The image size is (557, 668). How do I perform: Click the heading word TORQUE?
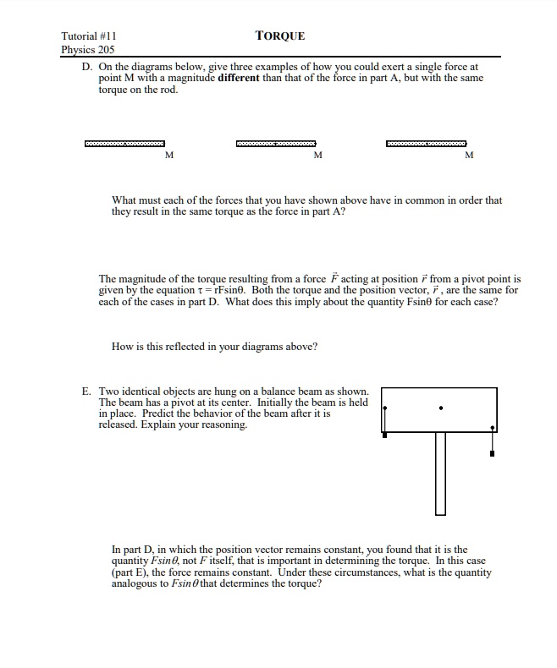click(x=279, y=36)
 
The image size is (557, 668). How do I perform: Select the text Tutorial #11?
click(x=88, y=36)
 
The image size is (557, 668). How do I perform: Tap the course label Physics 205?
click(x=88, y=49)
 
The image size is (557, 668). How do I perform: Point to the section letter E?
click(x=85, y=391)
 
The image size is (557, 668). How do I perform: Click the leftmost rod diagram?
click(x=124, y=143)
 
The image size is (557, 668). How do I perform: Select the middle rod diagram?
click(x=276, y=143)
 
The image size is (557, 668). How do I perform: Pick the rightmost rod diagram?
click(x=426, y=143)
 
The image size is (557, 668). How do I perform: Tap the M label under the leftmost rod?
click(x=168, y=156)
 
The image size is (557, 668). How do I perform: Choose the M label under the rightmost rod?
click(x=469, y=156)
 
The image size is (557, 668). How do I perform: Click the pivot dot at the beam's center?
click(x=440, y=408)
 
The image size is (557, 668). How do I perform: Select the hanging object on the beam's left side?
click(x=385, y=435)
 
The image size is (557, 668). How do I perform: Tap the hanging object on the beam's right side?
click(x=493, y=454)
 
